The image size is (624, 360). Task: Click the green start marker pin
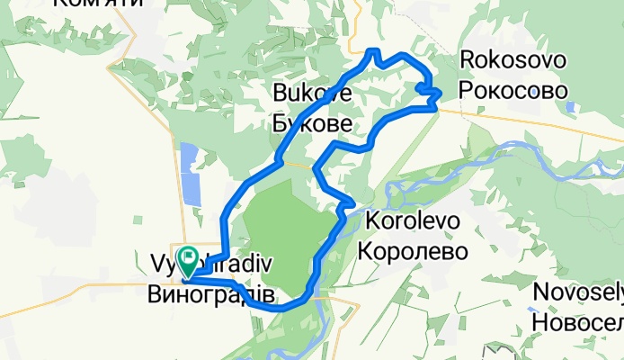[189, 259]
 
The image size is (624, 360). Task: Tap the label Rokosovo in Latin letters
[513, 61]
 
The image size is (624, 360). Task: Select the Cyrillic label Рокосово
[513, 91]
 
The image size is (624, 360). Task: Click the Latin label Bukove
[312, 92]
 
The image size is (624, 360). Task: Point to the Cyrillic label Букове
[312, 121]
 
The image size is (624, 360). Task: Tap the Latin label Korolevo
[414, 221]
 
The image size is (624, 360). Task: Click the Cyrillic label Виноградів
[210, 293]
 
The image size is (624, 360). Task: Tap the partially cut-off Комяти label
[99, 4]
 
